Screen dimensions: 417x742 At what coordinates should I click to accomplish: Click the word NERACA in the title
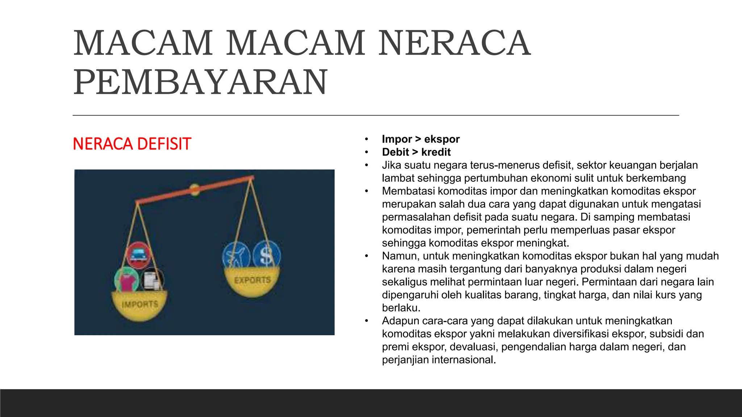click(454, 43)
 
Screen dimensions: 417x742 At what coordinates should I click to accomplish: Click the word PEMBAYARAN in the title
click(200, 83)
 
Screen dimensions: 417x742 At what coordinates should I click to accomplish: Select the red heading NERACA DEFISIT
click(132, 144)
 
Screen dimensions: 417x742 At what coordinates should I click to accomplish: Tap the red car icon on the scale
click(138, 255)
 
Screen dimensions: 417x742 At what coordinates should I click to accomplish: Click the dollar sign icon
click(266, 255)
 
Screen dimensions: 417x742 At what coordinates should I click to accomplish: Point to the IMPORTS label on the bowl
click(140, 304)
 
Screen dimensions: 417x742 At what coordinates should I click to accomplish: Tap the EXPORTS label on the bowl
click(252, 280)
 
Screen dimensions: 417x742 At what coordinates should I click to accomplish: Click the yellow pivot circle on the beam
click(195, 189)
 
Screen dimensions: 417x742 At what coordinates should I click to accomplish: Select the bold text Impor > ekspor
click(421, 139)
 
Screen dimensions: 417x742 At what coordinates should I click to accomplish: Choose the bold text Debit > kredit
click(416, 152)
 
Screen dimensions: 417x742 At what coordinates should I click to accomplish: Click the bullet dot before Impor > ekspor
click(367, 139)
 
